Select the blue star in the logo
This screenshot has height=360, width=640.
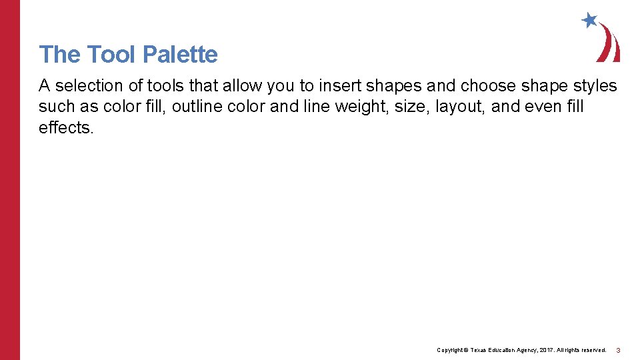589,20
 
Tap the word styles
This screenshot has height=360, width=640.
594,86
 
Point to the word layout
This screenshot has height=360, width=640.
460,107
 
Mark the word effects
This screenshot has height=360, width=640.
66,127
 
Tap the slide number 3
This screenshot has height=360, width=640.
618,350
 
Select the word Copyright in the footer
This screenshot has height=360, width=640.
449,350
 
